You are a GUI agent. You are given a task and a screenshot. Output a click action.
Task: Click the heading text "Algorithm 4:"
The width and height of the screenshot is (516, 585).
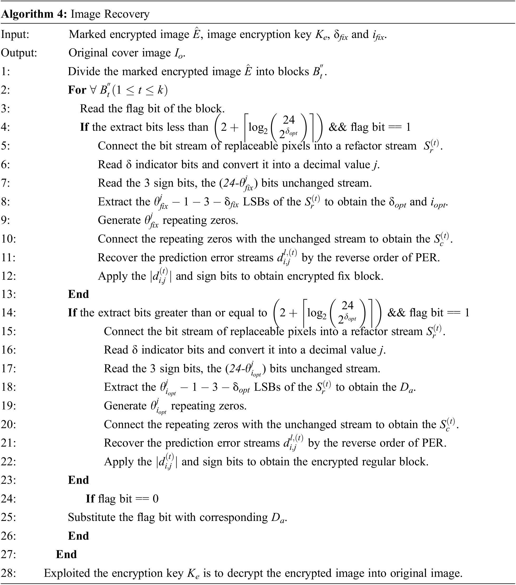(x=34, y=14)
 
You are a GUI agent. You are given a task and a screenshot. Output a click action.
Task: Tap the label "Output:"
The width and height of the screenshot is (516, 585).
(x=19, y=53)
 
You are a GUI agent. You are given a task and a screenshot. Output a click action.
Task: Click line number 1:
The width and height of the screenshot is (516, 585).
(x=6, y=71)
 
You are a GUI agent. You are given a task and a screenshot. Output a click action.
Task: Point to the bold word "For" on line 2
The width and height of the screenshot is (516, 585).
(x=77, y=90)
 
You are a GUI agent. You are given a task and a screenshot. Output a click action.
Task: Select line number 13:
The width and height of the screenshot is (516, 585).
(x=9, y=294)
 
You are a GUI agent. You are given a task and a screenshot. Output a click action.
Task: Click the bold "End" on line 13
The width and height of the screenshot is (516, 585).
(x=78, y=294)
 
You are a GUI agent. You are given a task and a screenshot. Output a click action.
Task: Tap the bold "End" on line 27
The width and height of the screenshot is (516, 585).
(x=66, y=554)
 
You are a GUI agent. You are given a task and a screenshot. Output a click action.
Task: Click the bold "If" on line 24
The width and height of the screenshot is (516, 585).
(x=90, y=499)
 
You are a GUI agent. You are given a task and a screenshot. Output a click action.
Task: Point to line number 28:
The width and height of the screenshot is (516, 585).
(x=9, y=573)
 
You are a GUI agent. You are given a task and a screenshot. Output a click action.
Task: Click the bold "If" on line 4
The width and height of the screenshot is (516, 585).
(x=84, y=127)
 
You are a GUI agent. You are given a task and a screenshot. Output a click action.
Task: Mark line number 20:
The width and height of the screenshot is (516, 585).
(x=9, y=424)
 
